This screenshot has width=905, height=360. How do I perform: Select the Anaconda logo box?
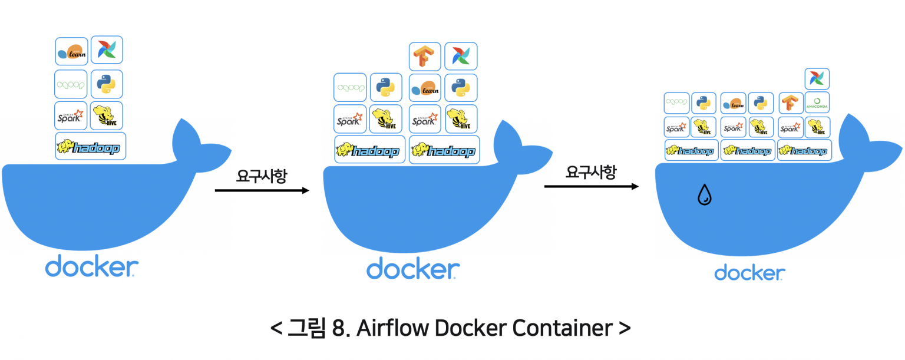click(x=817, y=103)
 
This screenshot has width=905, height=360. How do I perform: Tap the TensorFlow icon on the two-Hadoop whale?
click(x=425, y=57)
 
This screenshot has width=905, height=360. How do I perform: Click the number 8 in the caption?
click(x=336, y=328)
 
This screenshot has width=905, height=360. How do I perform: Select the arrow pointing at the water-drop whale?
click(x=591, y=187)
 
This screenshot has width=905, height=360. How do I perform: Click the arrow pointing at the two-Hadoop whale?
click(x=262, y=190)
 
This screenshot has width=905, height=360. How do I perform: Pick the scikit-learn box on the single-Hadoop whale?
click(x=72, y=51)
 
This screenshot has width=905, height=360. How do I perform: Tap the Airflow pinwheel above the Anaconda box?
click(x=817, y=79)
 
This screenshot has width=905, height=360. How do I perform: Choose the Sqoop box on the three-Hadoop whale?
click(x=676, y=103)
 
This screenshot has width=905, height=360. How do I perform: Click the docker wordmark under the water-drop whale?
click(x=749, y=273)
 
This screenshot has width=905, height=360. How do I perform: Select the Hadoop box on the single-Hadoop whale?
click(x=91, y=147)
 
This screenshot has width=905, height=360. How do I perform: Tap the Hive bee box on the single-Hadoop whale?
click(x=107, y=115)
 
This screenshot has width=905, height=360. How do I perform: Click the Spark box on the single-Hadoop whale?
click(x=71, y=115)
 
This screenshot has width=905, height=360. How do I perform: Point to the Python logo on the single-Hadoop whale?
click(x=107, y=84)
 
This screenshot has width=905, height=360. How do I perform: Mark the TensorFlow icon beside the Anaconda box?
click(x=791, y=103)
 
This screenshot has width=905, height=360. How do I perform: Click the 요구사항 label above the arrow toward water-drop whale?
click(x=591, y=172)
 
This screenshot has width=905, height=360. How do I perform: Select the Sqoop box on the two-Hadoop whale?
click(x=350, y=88)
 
